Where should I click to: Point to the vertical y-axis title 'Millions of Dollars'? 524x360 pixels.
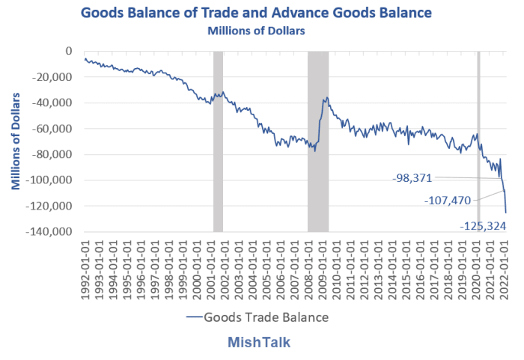(16, 141)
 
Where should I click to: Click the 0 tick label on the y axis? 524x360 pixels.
(68, 51)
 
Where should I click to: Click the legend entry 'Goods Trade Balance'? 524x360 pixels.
(265, 317)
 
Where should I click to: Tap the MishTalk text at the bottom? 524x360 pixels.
(259, 343)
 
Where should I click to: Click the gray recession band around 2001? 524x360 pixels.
(218, 141)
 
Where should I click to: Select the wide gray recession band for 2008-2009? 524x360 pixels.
(318, 141)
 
